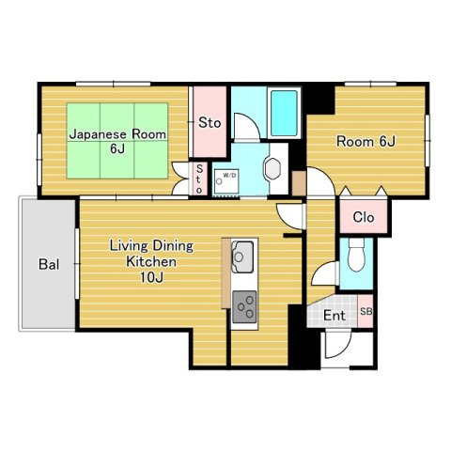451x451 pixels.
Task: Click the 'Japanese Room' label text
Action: (117, 134)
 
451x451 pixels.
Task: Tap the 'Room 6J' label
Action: (365, 141)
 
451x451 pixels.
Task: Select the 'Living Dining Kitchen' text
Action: (151, 254)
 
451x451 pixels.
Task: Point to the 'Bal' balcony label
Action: (49, 264)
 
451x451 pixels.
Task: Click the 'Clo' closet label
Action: (364, 217)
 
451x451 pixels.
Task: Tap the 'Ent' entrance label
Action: (334, 316)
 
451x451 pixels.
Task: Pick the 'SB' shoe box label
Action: (365, 312)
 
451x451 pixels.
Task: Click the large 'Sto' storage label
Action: (210, 122)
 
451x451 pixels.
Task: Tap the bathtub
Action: (284, 113)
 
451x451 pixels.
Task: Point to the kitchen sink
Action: (242, 257)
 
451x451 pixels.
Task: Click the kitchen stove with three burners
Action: (244, 307)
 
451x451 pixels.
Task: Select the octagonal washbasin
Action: (272, 168)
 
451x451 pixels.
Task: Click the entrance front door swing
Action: (338, 345)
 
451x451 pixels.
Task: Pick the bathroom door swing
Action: (247, 127)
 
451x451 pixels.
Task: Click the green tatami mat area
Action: (117, 141)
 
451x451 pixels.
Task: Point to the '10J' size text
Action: (151, 277)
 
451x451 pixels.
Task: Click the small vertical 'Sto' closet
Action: (199, 179)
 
